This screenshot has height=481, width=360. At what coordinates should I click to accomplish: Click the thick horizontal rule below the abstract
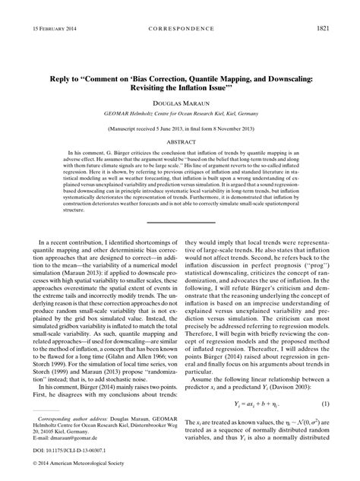[180, 220]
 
